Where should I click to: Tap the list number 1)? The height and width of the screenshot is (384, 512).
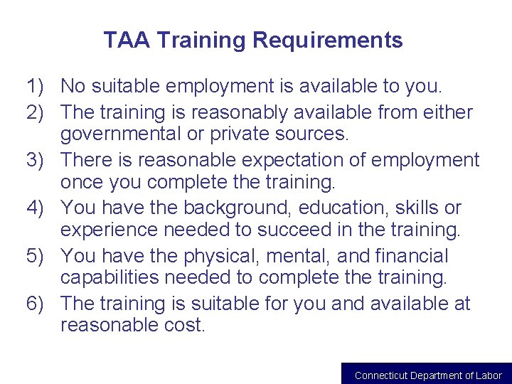39,87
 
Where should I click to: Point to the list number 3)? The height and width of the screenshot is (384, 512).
39,159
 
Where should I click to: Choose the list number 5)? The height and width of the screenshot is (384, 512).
39,256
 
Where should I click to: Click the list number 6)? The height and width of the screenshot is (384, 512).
39,304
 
